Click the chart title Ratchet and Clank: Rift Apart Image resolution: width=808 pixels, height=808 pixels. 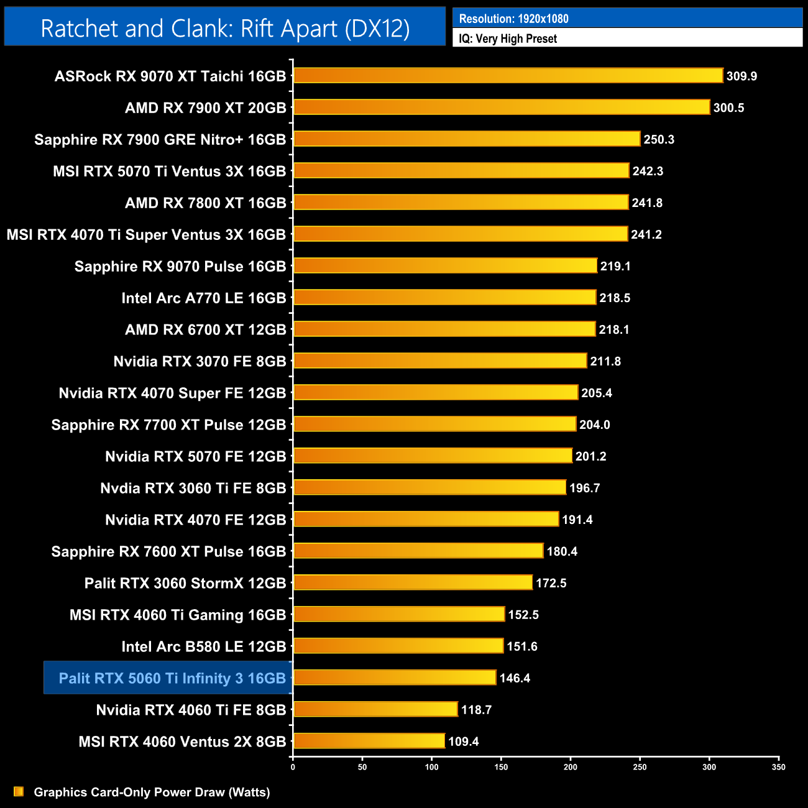coord(225,28)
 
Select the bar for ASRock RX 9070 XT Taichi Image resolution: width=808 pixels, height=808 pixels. coord(508,76)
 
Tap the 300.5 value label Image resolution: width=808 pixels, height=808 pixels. coord(728,108)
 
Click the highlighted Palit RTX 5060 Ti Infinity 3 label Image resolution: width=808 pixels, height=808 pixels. coord(172,678)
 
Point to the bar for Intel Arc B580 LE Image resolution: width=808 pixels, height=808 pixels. coord(398,646)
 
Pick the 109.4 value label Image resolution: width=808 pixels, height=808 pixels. coord(464,741)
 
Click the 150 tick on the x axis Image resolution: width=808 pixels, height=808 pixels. coord(501,767)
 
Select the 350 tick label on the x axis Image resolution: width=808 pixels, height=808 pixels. coord(778,767)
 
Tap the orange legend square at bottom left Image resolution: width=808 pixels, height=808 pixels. coord(19,791)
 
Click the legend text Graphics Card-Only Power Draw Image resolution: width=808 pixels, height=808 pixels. coord(152,792)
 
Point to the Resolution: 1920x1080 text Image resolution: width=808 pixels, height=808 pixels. coord(513,19)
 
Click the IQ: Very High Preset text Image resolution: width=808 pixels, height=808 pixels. coord(508,39)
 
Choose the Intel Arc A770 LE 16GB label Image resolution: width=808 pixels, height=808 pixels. coord(203,298)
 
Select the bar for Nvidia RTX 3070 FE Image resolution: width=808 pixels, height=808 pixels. coord(439,361)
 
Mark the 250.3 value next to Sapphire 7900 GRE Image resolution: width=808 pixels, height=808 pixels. coord(659,140)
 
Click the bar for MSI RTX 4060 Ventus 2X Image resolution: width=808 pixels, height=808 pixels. coord(369,741)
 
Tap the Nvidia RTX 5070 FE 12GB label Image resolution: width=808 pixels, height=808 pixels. coord(195,457)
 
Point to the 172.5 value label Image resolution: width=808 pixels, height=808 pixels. coord(551,583)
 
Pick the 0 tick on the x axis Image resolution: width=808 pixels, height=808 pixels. coord(293,767)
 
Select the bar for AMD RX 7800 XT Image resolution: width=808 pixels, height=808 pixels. coord(461,203)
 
